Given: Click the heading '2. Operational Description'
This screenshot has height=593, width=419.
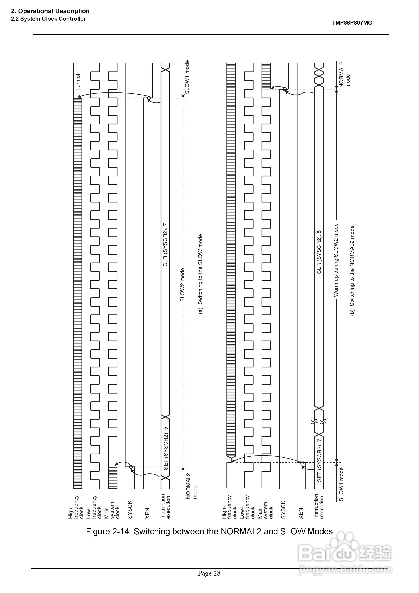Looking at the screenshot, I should pos(50,11).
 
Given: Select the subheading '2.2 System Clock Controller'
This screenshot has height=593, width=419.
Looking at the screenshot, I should pos(48,19).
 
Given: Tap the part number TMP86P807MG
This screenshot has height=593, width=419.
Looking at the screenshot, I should pos(352,23).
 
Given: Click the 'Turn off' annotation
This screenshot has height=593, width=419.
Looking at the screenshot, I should pos(78,81).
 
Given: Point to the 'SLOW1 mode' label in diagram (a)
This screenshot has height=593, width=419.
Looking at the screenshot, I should pos(187,77).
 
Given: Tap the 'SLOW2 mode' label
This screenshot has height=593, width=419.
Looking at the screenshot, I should pos(182,285).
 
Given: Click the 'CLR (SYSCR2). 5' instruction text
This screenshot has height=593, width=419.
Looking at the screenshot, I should pos(319,252).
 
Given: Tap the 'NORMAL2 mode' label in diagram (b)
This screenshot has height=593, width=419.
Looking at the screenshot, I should pos(344,74).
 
